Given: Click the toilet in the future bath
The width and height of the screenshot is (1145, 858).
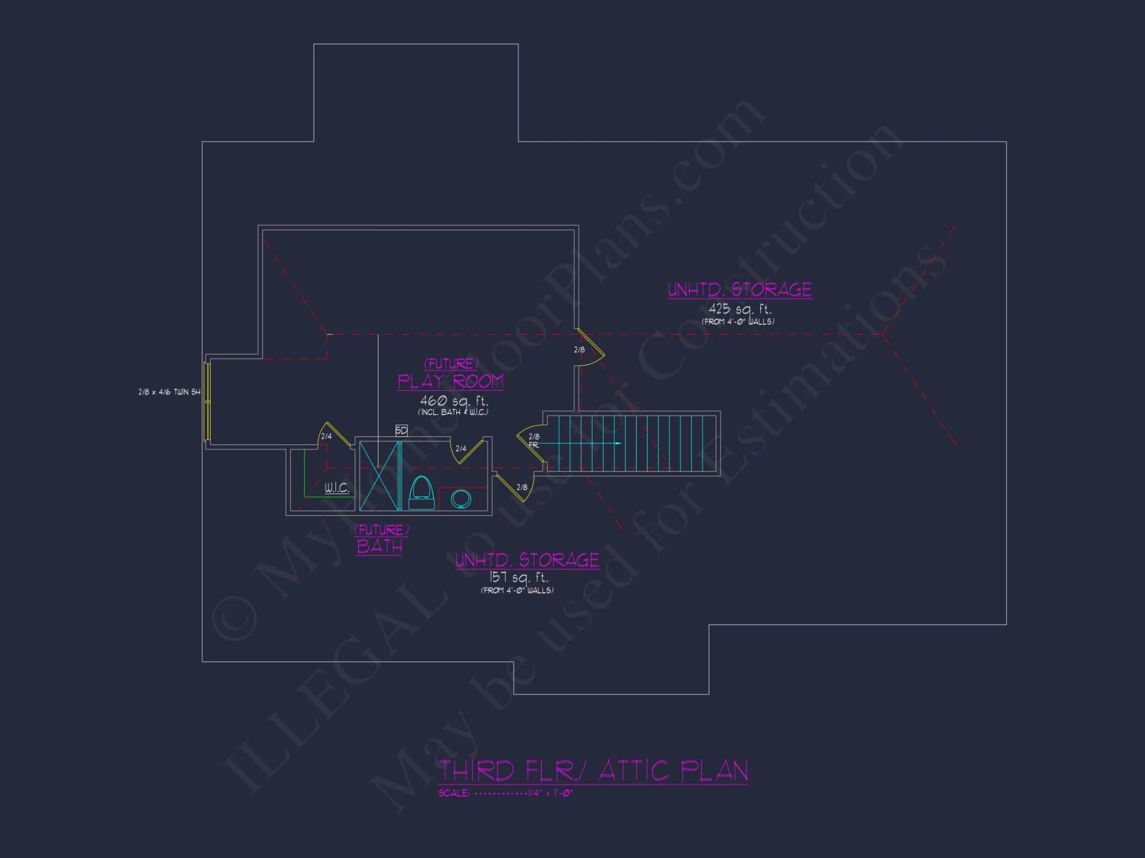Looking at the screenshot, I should [x=421, y=492].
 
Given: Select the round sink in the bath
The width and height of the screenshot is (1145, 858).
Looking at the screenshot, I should [x=460, y=498].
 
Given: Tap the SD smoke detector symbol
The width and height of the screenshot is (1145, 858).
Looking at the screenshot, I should [x=401, y=430].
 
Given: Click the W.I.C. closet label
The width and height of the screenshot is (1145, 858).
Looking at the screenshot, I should [x=337, y=488].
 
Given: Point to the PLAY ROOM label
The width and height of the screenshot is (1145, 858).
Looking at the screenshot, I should [x=451, y=382].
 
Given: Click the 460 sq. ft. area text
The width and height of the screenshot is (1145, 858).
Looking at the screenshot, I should [x=454, y=401].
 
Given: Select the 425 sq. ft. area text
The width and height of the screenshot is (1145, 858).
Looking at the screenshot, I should [x=740, y=309].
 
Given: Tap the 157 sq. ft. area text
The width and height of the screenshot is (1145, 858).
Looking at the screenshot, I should [x=519, y=577].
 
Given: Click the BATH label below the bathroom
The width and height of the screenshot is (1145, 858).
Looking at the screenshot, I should [x=380, y=547].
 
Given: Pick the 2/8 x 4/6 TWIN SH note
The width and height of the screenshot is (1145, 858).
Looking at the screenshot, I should [x=169, y=392].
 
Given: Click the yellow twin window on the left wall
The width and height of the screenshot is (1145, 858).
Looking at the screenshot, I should [x=208, y=402].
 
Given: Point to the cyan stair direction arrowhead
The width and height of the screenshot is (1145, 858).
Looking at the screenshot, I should [x=618, y=443].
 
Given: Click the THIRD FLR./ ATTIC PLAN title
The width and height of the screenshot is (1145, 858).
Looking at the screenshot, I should [x=593, y=770].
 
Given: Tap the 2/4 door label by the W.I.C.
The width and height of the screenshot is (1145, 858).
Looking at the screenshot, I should [x=326, y=436].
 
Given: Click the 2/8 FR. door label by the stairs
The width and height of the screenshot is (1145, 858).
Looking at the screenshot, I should [x=534, y=440].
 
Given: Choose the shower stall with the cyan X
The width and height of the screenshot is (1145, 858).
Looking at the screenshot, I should [x=379, y=475].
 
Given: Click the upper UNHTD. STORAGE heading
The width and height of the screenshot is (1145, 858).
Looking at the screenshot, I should [x=740, y=290].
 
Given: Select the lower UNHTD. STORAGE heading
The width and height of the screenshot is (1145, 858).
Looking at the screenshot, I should [x=527, y=560].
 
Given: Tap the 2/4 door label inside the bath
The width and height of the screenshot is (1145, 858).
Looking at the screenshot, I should [x=461, y=449].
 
